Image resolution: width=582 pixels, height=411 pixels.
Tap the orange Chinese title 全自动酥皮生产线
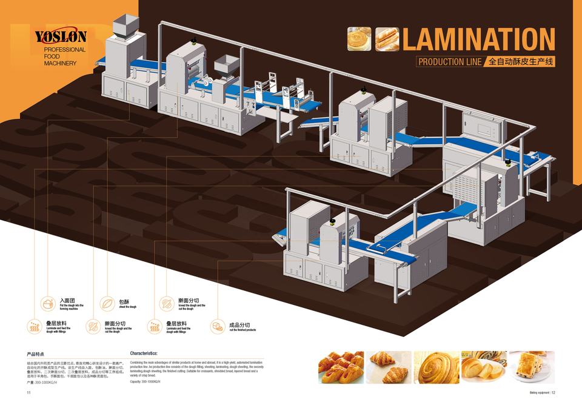(521, 61)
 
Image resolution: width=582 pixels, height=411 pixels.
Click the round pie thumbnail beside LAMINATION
(358, 38)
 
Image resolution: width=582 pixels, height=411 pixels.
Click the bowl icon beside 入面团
(47, 302)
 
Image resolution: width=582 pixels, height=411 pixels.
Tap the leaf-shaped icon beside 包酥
(107, 302)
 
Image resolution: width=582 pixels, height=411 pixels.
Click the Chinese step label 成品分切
(239, 325)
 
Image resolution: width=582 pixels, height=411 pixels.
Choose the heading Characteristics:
(144, 353)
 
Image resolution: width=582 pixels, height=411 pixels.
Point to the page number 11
(28, 393)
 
